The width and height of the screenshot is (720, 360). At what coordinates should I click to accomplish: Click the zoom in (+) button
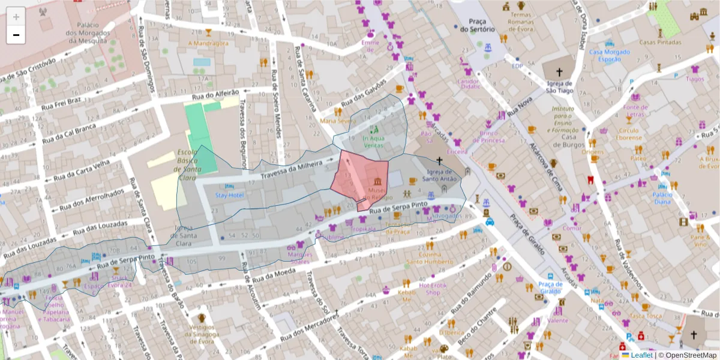(16, 16)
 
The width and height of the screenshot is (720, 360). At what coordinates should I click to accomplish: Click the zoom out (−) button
(16, 35)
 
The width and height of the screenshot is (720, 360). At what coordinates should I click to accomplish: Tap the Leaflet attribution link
(640, 355)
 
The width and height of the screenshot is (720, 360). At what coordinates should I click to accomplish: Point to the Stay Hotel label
(229, 196)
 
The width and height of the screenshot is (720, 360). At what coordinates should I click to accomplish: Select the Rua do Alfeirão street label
(215, 95)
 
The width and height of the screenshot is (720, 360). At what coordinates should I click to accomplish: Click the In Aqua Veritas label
(374, 142)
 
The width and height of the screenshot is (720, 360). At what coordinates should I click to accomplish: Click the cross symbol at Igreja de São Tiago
(559, 71)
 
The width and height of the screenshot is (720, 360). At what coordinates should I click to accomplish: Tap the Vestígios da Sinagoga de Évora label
(202, 335)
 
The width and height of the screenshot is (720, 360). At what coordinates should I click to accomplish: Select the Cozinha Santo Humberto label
(428, 258)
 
